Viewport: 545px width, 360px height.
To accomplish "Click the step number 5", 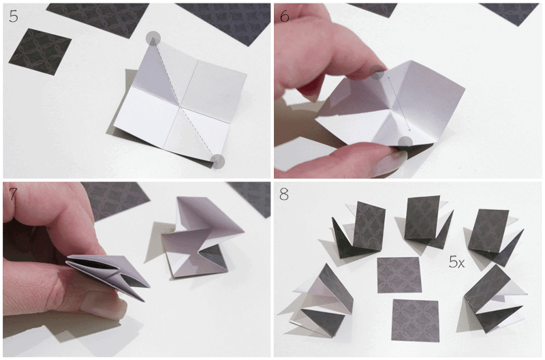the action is pos(13,16).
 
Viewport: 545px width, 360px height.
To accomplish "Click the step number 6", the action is pos(284,16).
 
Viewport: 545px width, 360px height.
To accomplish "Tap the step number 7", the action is pos(13,194).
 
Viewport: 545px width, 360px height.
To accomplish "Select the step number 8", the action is pos(284,194).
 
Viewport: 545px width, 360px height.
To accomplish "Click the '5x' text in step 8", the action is pos(456,262).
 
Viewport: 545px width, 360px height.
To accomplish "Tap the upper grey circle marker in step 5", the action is pos(153,38).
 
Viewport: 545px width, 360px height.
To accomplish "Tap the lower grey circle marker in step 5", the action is pos(217,162).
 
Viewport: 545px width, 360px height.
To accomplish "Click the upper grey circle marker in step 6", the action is pos(377,72).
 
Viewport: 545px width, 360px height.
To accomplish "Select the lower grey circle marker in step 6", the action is pos(405,143).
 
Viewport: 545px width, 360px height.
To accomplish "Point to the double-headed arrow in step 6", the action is pos(399,104).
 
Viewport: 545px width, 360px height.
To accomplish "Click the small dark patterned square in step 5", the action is pos(40,52).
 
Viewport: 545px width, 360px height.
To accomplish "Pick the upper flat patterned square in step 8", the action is pos(399,275).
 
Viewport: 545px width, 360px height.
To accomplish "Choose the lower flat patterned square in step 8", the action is pos(415,320).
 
